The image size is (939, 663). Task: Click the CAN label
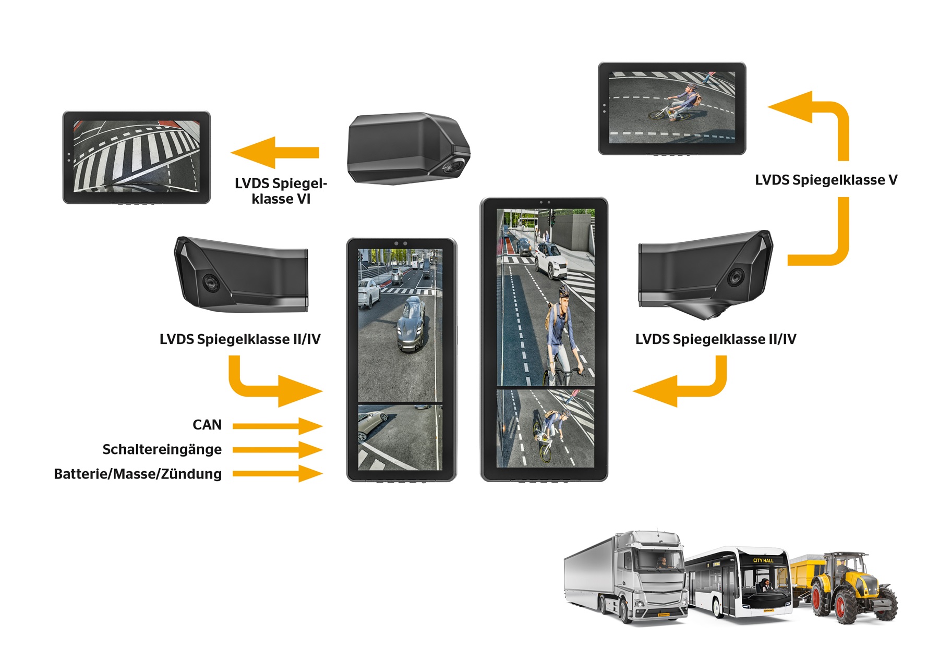click(207, 425)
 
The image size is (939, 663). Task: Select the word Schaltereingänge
click(162, 449)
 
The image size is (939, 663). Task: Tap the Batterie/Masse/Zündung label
click(138, 474)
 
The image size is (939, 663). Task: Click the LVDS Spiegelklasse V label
click(826, 180)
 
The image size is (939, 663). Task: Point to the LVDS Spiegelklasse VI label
click(281, 191)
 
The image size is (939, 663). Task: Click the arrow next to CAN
click(276, 426)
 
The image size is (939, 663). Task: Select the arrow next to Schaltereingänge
click(276, 450)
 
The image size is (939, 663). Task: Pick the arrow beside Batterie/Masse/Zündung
click(276, 474)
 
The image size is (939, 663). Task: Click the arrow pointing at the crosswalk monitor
click(275, 152)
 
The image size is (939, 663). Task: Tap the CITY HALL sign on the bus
click(763, 561)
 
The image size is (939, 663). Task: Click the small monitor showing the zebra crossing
click(136, 157)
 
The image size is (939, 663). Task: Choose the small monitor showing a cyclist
click(672, 108)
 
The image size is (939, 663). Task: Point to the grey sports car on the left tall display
click(412, 323)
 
